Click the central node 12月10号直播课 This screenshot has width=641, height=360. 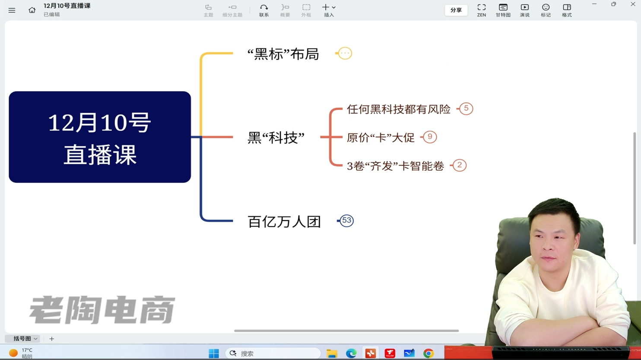coord(100,137)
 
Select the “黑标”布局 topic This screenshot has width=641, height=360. coord(283,54)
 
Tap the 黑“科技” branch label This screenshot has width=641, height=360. coord(276,138)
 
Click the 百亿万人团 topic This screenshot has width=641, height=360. coord(284,222)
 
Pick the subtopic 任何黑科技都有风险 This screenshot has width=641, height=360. coord(399,109)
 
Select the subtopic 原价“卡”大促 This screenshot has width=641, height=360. coord(381,137)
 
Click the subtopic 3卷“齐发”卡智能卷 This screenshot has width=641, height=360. coord(396,166)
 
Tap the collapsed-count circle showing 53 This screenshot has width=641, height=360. coord(346,220)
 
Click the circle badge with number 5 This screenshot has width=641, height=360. coord(466,108)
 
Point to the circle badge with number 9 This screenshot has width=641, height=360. coord(430,137)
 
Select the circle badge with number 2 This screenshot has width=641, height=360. coord(460,165)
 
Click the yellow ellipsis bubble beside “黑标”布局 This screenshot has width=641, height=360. coord(345,53)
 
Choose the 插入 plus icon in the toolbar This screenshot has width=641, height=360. coord(326,7)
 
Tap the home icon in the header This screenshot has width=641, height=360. coord(32,10)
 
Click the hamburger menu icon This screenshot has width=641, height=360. coord(12,10)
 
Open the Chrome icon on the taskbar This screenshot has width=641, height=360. coord(428,354)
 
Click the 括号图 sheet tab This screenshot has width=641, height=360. coord(22,338)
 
